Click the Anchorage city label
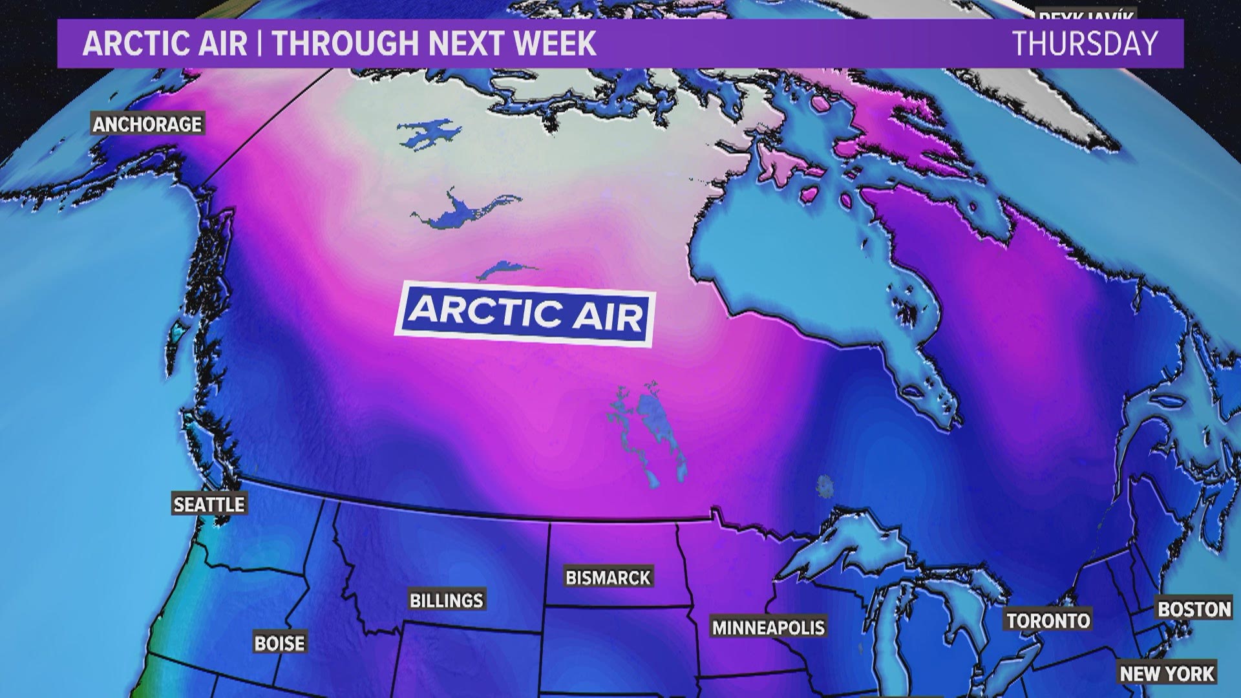(148, 123)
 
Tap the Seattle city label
(209, 504)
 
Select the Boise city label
(279, 643)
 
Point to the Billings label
(447, 600)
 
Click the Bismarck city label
(608, 577)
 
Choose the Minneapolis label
(769, 627)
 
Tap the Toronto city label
(1048, 620)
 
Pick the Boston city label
(1194, 609)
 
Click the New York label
(1167, 673)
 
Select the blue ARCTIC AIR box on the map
(525, 313)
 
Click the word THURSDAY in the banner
(1085, 44)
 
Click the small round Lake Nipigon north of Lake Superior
(825, 487)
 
